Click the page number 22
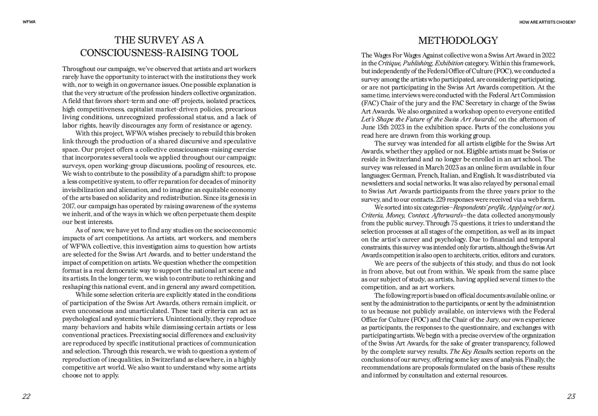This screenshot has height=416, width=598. [x=26, y=397]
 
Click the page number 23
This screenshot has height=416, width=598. [x=571, y=397]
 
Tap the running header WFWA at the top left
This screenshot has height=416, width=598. [x=29, y=22]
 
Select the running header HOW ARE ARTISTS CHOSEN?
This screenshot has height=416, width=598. [x=547, y=22]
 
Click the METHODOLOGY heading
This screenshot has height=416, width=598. [x=458, y=41]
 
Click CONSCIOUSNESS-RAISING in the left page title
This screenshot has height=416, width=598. [x=139, y=53]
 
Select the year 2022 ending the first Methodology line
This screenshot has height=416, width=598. [x=548, y=55]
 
